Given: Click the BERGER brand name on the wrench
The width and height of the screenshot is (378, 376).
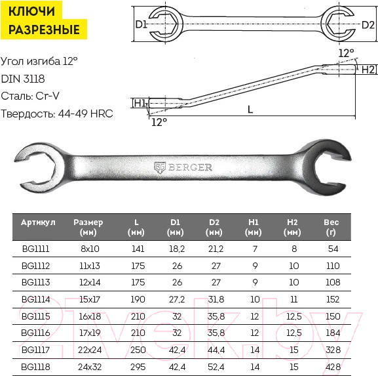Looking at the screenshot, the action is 190,167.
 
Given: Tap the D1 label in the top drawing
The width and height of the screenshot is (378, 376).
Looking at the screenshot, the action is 142,24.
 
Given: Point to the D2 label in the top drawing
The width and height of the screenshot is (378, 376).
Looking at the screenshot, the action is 368,25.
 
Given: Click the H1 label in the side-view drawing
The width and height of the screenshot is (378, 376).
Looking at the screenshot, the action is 140,103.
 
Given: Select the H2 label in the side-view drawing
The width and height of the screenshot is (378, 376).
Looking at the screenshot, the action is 368,70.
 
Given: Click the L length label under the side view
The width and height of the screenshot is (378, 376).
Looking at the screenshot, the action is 250,110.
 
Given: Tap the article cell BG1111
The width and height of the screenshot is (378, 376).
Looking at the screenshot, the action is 35,249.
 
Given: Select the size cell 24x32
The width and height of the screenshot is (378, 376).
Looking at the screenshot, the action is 90,367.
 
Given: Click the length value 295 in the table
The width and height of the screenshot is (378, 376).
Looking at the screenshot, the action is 138,367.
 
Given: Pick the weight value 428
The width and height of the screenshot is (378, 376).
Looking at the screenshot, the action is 333,367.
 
